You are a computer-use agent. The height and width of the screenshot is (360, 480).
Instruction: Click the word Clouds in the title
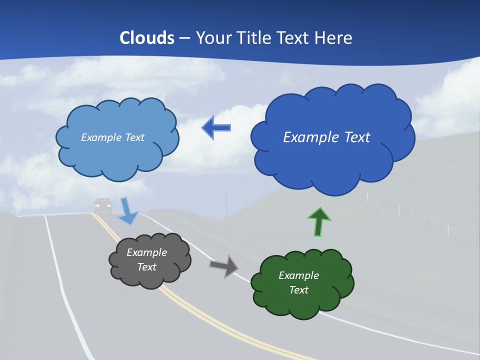pos(147,38)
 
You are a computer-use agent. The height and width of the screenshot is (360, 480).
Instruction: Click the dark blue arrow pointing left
pos(216,128)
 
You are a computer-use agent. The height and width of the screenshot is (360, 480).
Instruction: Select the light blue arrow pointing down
pos(127,210)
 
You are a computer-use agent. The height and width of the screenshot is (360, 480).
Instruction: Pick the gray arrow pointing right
pos(224,265)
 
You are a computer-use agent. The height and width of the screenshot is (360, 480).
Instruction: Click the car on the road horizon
pos(103,204)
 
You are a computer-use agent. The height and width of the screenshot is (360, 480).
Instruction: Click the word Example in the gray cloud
pos(146,252)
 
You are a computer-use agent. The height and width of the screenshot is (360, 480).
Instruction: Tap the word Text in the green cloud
pos(298,290)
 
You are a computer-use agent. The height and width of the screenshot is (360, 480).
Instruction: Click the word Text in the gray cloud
pos(146,267)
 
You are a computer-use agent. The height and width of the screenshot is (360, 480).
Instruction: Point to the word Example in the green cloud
pos(298,275)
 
